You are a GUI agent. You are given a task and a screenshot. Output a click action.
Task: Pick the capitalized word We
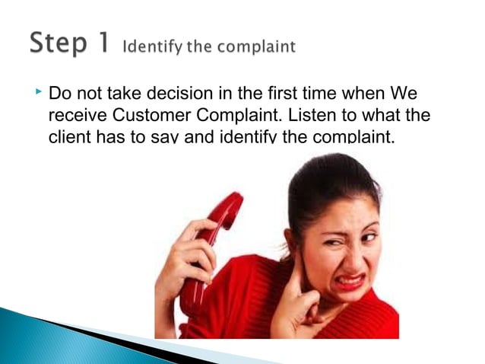404,96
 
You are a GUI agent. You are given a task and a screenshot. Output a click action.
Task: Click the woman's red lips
351,282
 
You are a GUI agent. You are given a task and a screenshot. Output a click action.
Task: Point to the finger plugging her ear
296,267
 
